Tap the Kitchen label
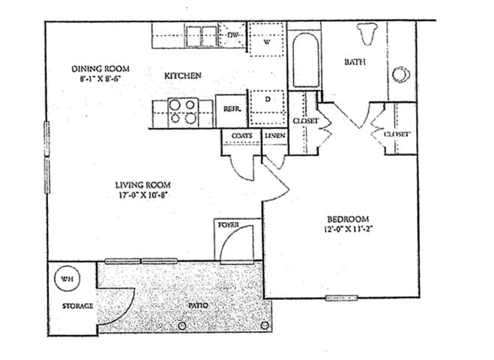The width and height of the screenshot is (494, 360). pyautogui.click(x=183, y=76)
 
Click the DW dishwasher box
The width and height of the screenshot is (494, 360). pyautogui.click(x=232, y=34)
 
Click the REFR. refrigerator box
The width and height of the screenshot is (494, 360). pyautogui.click(x=231, y=109)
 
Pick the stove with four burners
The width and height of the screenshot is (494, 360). pyautogui.click(x=181, y=112)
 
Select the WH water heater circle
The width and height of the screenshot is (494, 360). pyautogui.click(x=67, y=279)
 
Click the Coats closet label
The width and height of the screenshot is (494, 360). pyautogui.click(x=241, y=135)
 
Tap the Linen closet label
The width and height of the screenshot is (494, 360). pyautogui.click(x=271, y=135)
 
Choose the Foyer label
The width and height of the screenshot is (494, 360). pyautogui.click(x=228, y=225)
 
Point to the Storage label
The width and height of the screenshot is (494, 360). pyautogui.click(x=77, y=307)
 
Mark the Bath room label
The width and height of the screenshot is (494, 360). pyautogui.click(x=355, y=62)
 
